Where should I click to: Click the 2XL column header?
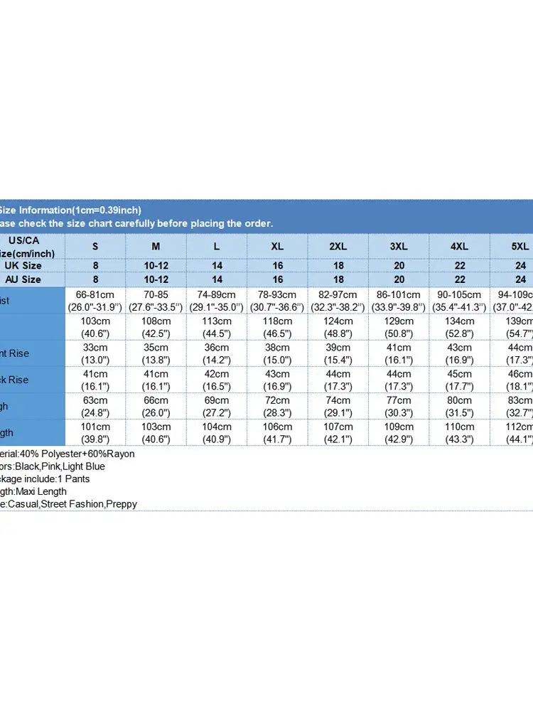point(338,246)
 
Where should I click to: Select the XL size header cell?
point(277,246)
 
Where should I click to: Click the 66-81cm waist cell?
point(95,301)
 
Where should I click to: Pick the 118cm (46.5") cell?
point(277,327)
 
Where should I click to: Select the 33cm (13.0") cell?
point(95,353)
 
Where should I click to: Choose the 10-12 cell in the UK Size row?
point(156,265)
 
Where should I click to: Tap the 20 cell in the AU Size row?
point(399,279)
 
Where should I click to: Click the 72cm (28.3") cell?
point(277,406)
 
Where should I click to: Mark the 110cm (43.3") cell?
point(459,432)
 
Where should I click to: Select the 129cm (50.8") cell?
point(399,327)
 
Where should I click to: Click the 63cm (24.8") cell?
point(95,406)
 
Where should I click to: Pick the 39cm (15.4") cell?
point(338,353)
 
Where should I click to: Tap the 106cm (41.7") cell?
point(277,432)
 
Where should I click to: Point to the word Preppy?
point(121,504)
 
